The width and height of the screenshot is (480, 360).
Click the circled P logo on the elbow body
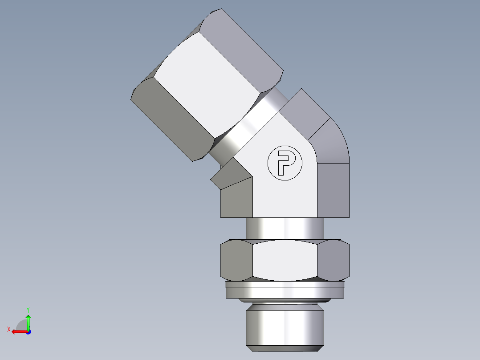[x=285, y=163]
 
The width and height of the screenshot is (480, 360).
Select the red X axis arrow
[x=18, y=331]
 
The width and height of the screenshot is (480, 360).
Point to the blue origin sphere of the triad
[x=28, y=331]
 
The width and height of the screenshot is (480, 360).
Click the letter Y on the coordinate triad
[x=28, y=309]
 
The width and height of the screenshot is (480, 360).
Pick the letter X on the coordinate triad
[x=8, y=329]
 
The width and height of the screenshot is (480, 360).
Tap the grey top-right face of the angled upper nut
[x=249, y=45]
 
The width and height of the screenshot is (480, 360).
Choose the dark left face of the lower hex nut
[x=236, y=261]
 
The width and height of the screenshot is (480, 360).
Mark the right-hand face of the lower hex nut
[x=335, y=261]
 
